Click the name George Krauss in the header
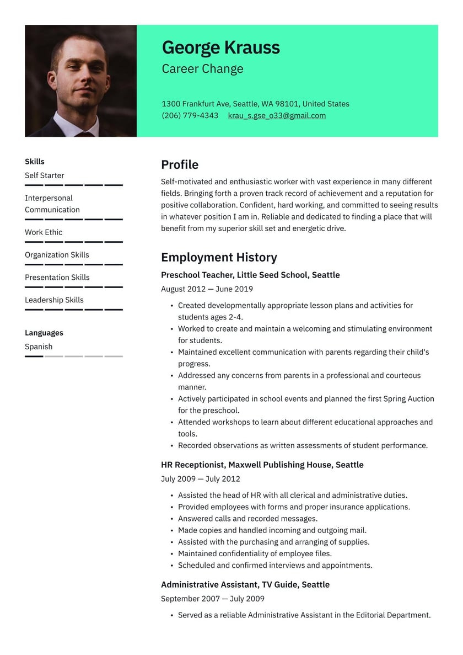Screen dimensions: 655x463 coord(220,48)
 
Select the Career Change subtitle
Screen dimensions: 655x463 coord(202,69)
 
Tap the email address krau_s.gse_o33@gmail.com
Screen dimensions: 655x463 coord(277,115)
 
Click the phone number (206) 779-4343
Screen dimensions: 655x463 coord(190,115)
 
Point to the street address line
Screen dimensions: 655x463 coord(255,104)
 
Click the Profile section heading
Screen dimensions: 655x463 coord(180,164)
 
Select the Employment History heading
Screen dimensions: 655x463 coord(219,257)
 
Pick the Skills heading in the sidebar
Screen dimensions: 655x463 coord(35,162)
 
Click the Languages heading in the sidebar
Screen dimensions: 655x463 coord(44,333)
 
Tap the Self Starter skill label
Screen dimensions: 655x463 coord(45,175)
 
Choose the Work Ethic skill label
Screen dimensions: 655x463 coord(44,232)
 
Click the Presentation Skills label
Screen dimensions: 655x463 coord(57,278)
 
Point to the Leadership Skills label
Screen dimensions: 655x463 coord(54,300)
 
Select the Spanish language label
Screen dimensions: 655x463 coord(39,347)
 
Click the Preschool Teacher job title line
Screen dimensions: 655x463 coord(250,275)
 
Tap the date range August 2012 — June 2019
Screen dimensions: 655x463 coord(207,289)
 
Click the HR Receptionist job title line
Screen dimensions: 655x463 coord(262,465)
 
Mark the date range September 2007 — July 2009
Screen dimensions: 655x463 coord(212,599)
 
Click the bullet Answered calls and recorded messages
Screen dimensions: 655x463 coord(247,519)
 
